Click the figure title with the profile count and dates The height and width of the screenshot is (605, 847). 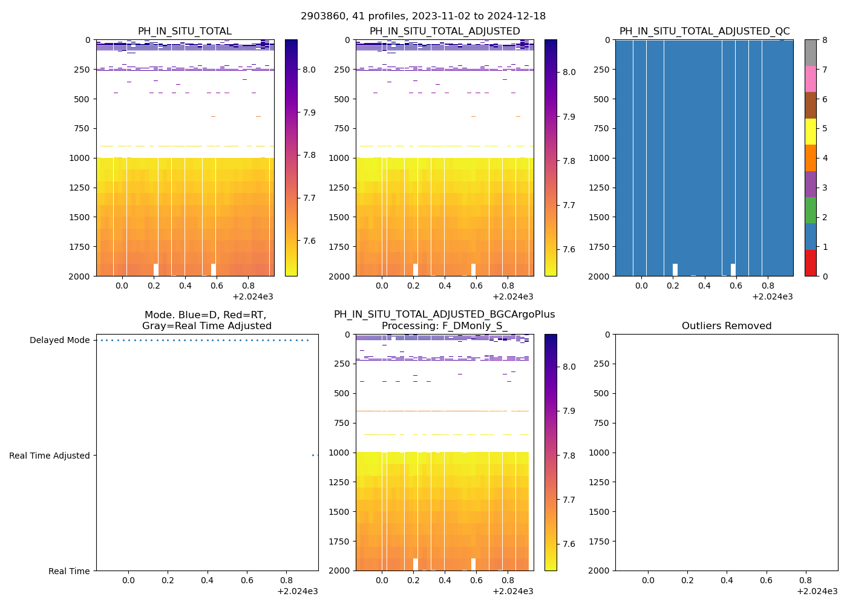pyautogui.click(x=423, y=16)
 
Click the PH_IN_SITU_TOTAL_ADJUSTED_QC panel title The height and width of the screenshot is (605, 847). pyautogui.click(x=704, y=31)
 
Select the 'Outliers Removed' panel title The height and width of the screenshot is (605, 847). pyautogui.click(x=726, y=326)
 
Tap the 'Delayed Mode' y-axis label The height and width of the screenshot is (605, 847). pyautogui.click(x=59, y=341)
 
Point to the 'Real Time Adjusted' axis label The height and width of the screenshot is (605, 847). pyautogui.click(x=49, y=456)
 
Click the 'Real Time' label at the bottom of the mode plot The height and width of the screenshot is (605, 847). pyautogui.click(x=69, y=571)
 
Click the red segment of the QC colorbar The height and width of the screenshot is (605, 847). pyautogui.click(x=810, y=263)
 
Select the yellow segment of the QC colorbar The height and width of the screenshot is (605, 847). pyautogui.click(x=810, y=132)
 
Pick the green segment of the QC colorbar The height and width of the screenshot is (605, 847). pyautogui.click(x=810, y=211)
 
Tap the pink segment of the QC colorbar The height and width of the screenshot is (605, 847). pyautogui.click(x=810, y=79)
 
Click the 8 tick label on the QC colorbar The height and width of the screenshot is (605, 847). pyautogui.click(x=824, y=41)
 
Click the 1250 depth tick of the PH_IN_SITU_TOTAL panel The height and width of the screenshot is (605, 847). pyautogui.click(x=79, y=188)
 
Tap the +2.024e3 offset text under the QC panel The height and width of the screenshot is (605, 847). pyautogui.click(x=772, y=297)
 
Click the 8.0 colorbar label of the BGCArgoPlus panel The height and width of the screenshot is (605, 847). pyautogui.click(x=569, y=367)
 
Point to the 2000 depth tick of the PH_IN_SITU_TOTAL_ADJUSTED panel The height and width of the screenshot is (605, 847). pyautogui.click(x=339, y=276)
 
